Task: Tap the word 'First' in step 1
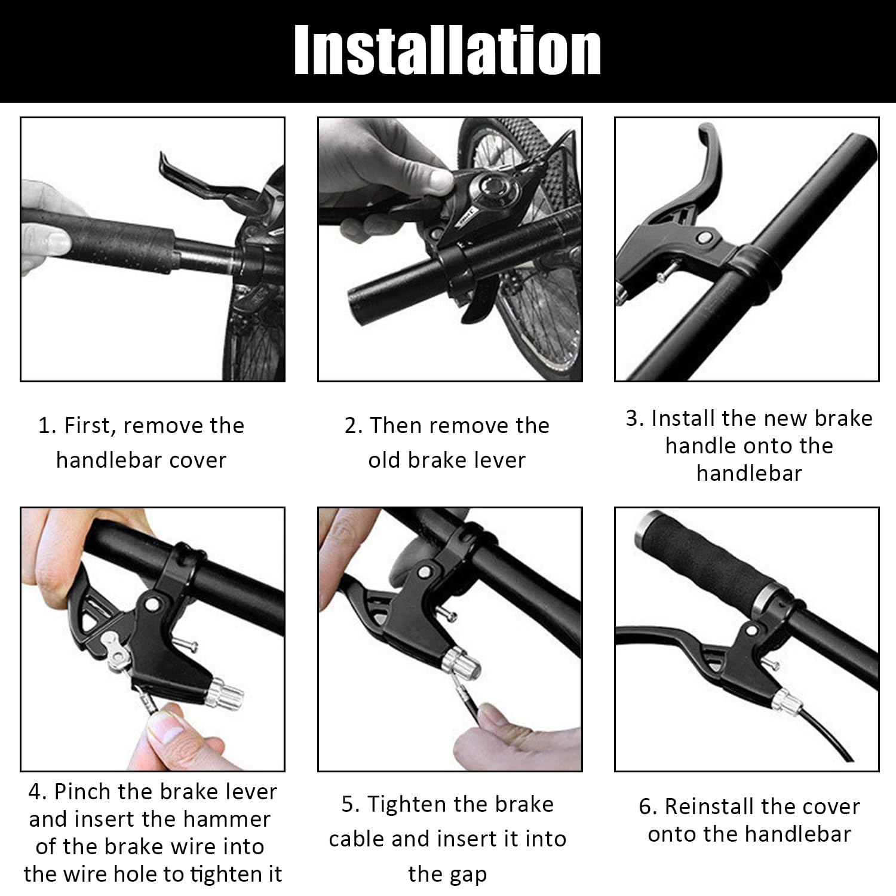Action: pyautogui.click(x=93, y=426)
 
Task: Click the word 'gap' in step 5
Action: pyautogui.click(x=468, y=875)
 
